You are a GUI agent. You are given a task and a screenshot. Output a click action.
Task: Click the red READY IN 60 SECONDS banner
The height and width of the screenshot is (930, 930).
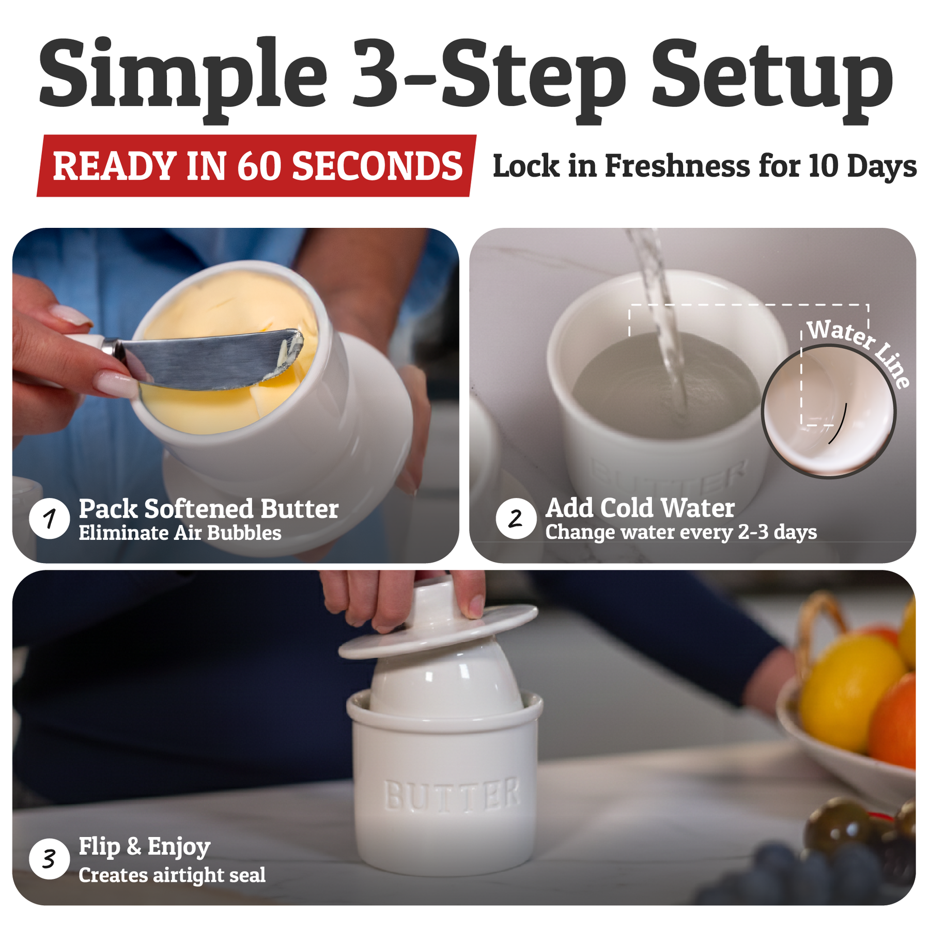[257, 166]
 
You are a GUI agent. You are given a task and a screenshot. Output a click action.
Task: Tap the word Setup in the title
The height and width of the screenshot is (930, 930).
[772, 78]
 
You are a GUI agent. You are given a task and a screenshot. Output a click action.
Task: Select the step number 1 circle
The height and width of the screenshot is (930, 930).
[50, 518]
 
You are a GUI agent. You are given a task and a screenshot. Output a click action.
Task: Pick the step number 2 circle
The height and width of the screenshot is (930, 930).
[516, 518]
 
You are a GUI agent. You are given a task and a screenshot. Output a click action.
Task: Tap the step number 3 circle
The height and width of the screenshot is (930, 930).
[50, 859]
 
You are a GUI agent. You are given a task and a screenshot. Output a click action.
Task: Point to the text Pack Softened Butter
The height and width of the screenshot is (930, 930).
[209, 509]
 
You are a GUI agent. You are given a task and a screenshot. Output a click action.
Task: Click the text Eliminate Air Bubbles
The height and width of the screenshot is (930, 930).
[180, 533]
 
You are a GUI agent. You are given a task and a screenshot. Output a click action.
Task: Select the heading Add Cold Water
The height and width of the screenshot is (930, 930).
[640, 508]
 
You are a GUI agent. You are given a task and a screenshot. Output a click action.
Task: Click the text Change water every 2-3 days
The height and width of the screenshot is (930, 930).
[681, 532]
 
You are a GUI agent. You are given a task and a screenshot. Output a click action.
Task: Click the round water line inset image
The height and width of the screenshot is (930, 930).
[829, 411]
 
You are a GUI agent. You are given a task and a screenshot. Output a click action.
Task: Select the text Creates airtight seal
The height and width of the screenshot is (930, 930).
[172, 875]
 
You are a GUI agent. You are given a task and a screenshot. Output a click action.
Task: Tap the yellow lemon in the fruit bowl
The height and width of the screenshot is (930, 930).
[847, 692]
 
